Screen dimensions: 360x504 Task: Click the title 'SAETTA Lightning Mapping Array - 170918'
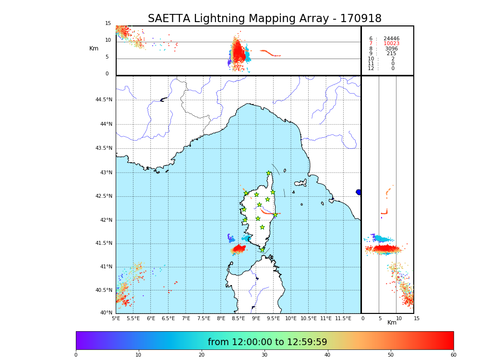click(264, 19)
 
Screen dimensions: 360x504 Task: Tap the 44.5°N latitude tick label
click(104, 100)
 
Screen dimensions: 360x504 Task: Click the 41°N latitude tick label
click(106, 267)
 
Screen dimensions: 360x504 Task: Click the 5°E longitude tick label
click(116, 318)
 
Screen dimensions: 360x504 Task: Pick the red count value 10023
click(391, 44)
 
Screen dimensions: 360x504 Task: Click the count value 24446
click(391, 38)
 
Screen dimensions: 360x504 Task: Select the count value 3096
click(391, 48)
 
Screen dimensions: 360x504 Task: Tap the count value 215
click(391, 54)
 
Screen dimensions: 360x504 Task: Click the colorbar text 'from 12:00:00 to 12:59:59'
click(267, 342)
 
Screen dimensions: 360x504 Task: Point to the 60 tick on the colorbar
click(453, 355)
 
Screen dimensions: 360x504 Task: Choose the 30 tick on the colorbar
click(264, 355)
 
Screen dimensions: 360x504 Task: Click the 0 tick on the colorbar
click(76, 355)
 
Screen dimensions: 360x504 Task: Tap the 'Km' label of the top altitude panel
click(94, 48)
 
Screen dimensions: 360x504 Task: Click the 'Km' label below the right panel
click(392, 323)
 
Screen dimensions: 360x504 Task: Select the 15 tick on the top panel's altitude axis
click(108, 24)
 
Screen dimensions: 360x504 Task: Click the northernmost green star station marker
click(269, 173)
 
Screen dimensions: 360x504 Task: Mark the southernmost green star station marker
click(262, 250)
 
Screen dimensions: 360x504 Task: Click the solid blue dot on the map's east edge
click(358, 192)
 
